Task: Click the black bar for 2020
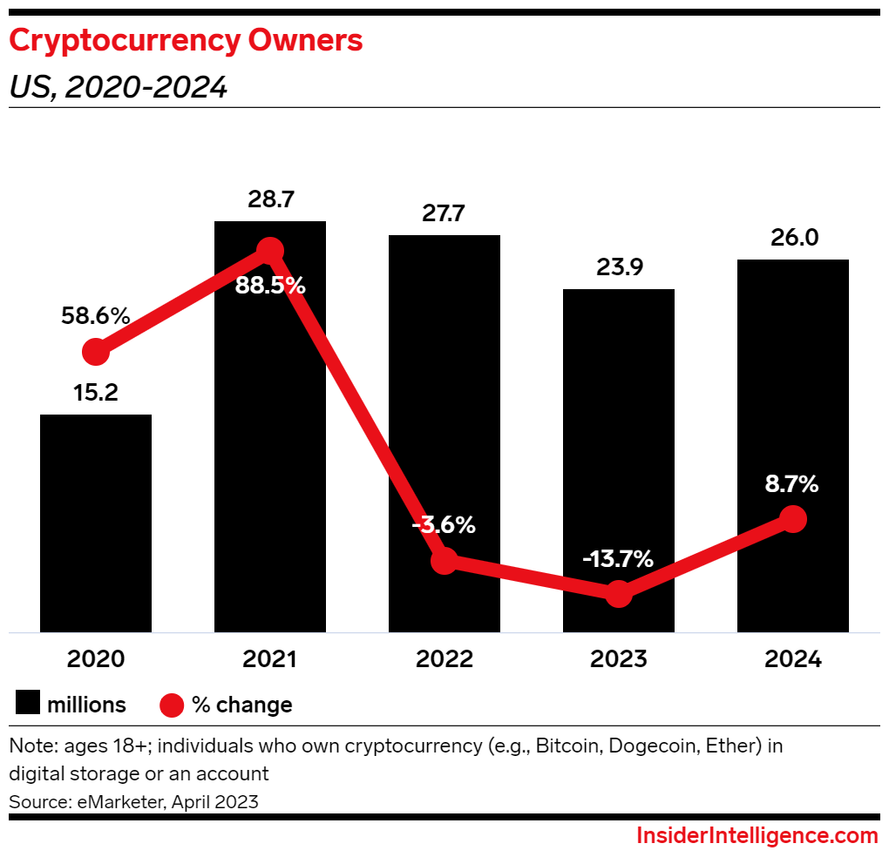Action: click(x=96, y=523)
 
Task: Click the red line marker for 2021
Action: click(x=270, y=251)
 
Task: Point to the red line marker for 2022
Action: click(x=444, y=561)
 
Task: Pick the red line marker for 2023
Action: click(x=619, y=594)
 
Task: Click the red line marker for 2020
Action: click(x=96, y=352)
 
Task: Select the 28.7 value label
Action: click(x=270, y=200)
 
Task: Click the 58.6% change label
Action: click(x=96, y=316)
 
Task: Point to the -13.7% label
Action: click(x=619, y=559)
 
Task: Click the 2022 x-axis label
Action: click(x=444, y=659)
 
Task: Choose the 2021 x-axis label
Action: click(x=270, y=659)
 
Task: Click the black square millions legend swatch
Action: click(x=27, y=704)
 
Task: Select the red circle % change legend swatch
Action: click(x=173, y=704)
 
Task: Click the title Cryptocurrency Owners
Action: click(x=186, y=41)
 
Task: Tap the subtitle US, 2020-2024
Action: click(x=118, y=87)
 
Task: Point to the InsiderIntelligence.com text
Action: click(x=757, y=836)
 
